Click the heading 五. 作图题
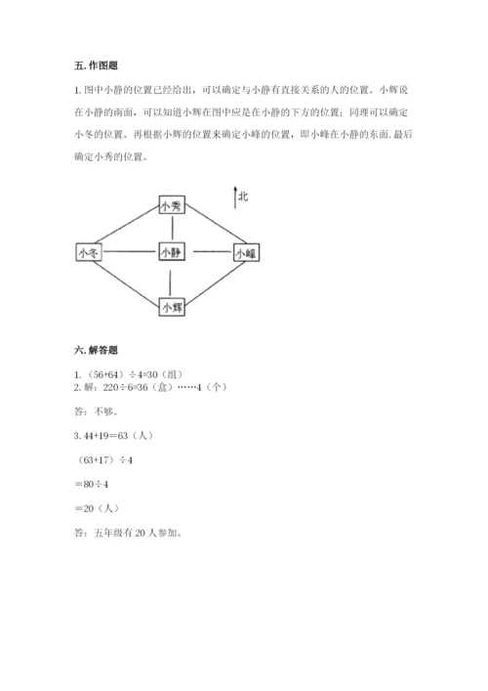click(95, 65)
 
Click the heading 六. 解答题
click(95, 350)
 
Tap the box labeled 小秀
click(171, 206)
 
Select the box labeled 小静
click(171, 252)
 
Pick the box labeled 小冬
click(88, 252)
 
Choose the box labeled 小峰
click(245, 252)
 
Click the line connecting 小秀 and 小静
click(171, 229)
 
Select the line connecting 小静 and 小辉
click(171, 280)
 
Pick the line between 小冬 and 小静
click(129, 252)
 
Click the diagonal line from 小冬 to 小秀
click(130, 228)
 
